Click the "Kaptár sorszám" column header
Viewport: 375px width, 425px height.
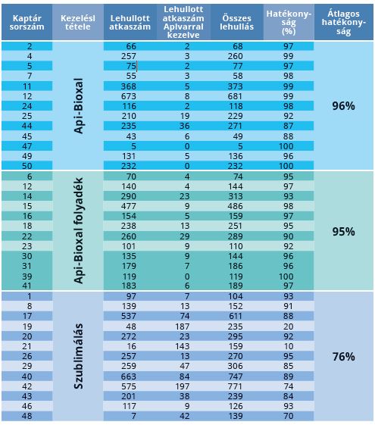tap(27, 23)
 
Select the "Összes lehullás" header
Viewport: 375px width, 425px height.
tap(237, 23)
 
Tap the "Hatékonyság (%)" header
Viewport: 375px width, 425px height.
tap(289, 23)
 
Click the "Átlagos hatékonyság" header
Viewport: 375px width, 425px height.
tap(344, 23)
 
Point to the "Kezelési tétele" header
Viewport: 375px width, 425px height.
tap(78, 23)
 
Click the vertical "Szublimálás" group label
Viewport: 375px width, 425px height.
tap(78, 356)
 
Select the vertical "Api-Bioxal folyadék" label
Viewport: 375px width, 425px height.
tap(78, 230)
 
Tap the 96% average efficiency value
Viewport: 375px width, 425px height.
tap(344, 106)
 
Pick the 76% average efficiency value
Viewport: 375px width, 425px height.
tap(344, 356)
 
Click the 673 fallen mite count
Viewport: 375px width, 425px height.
tap(129, 96)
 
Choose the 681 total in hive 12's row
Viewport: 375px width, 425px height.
tap(235, 96)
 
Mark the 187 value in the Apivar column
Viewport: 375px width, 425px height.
tap(182, 327)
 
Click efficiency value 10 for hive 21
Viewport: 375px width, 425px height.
tap(289, 346)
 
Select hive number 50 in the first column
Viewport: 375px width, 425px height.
tap(27, 166)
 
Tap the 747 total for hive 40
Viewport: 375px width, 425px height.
tap(235, 377)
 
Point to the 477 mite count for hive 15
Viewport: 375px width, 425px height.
tap(129, 206)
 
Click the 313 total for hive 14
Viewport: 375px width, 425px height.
tap(235, 196)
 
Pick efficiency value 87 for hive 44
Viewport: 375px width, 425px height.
tap(289, 126)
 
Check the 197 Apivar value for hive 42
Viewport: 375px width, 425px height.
tap(182, 386)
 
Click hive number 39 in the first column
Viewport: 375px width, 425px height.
tap(27, 277)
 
